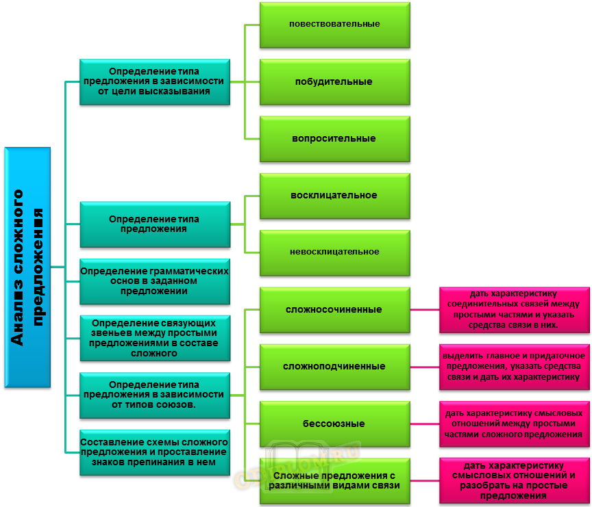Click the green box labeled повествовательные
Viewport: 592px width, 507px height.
tap(334, 25)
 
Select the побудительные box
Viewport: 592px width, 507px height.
tap(334, 81)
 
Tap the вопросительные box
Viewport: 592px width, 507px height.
tap(334, 138)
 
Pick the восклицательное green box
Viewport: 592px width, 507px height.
tap(334, 196)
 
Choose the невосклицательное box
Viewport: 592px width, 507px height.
tap(334, 252)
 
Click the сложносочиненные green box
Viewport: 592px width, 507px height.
tap(334, 309)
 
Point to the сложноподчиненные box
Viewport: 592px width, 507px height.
tap(334, 366)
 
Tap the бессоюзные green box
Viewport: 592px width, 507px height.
tap(334, 424)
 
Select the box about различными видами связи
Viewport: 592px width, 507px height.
tap(334, 480)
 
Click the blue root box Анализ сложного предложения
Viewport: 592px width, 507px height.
tap(27, 268)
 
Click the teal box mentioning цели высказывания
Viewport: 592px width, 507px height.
tap(154, 81)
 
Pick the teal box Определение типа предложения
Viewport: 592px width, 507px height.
tap(154, 224)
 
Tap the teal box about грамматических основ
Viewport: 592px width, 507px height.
tap(154, 281)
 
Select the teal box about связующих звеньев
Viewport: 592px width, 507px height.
tap(154, 338)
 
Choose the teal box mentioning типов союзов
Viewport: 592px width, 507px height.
tap(154, 395)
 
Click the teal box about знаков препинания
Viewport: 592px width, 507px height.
tap(154, 452)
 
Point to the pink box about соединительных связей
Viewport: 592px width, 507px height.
tap(514, 309)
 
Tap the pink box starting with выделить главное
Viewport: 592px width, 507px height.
tap(514, 366)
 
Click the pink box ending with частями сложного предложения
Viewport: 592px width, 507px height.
tap(514, 424)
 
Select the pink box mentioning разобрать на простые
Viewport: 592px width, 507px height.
tap(514, 480)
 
